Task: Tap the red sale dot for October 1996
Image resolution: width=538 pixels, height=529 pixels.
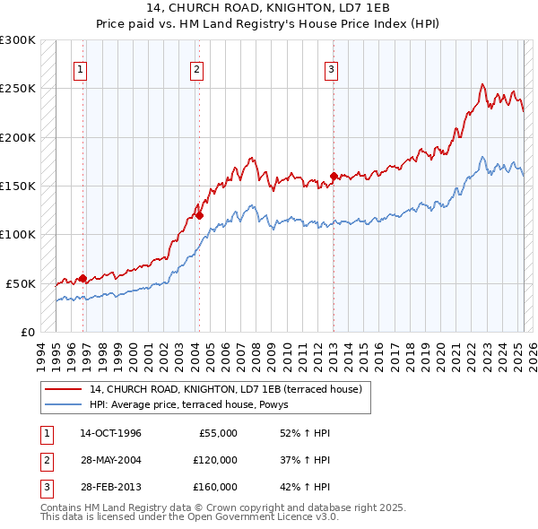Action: point(82,278)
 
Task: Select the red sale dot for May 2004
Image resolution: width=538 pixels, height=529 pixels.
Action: point(199,215)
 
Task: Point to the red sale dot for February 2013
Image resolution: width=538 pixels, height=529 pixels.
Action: point(334,176)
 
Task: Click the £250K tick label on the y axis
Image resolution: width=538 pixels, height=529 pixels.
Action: point(18,89)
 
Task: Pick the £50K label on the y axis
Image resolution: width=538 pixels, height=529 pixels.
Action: point(21,283)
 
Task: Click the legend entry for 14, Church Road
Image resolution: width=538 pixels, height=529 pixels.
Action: point(225,389)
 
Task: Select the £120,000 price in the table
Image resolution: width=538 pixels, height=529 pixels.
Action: point(215,460)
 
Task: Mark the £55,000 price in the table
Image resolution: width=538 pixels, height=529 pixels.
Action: point(218,433)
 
